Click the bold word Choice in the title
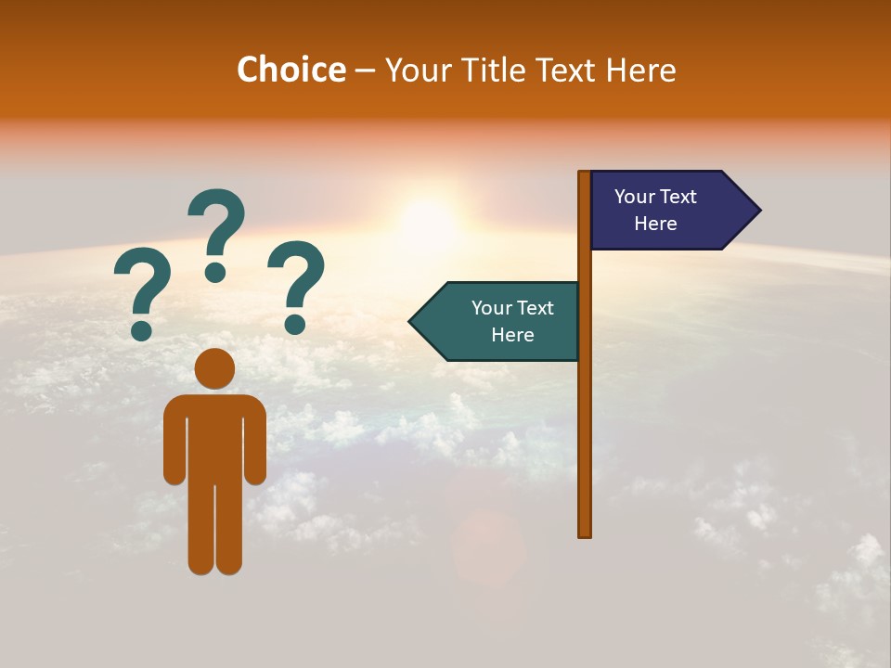pos(291,71)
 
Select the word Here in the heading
pos(640,71)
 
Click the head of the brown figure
pos(214,368)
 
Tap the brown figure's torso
pos(214,436)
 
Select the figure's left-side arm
pos(174,445)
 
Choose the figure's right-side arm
pos(255,445)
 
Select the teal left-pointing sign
pos(501,321)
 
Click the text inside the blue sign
pos(655,210)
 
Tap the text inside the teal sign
pos(512,321)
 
